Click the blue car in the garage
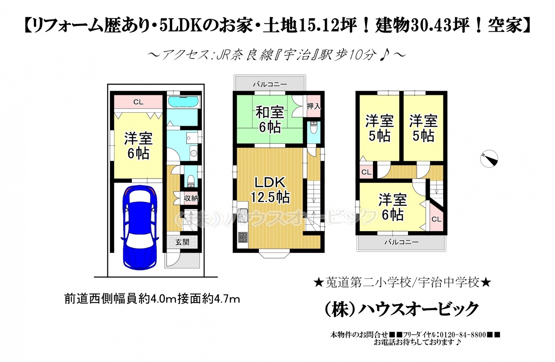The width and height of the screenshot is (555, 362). tap(140, 228)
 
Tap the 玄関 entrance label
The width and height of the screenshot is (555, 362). tap(183, 242)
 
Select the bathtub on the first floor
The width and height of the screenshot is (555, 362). tap(183, 102)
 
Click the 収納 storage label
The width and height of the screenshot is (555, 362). tap(191, 198)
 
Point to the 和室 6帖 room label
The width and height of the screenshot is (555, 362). tap(270, 119)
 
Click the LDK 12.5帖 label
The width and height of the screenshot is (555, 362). tap(270, 190)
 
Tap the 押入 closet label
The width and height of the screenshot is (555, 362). tap(313, 106)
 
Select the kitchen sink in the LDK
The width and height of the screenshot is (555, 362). tap(242, 215)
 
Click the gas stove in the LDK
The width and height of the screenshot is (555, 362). tap(242, 238)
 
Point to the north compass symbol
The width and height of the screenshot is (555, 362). tap(489, 159)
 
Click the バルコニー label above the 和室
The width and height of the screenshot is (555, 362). tap(270, 85)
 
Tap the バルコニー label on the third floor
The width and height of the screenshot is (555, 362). tap(402, 242)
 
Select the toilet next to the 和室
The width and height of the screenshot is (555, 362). tap(313, 127)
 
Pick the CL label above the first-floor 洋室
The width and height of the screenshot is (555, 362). tap(138, 102)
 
